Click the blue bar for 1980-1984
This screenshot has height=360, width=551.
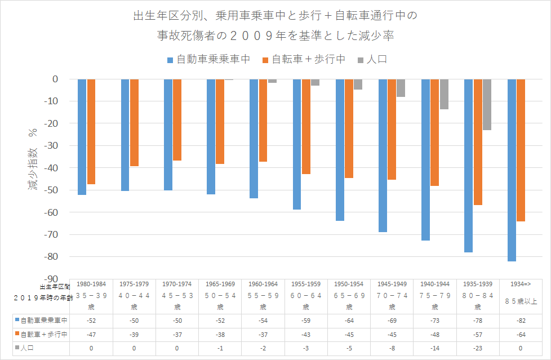click(82, 137)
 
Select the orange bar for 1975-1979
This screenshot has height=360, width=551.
click(134, 123)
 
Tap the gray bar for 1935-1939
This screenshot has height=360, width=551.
click(487, 105)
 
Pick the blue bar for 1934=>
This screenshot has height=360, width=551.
click(512, 170)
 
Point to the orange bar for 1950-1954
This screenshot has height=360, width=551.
click(349, 128)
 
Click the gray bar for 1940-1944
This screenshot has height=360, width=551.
click(444, 94)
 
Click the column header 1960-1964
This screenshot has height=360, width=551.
click(263, 285)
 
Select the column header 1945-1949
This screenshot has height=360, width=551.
click(392, 285)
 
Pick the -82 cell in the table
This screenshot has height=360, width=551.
click(521, 321)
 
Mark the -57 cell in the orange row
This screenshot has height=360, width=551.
click(478, 335)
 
